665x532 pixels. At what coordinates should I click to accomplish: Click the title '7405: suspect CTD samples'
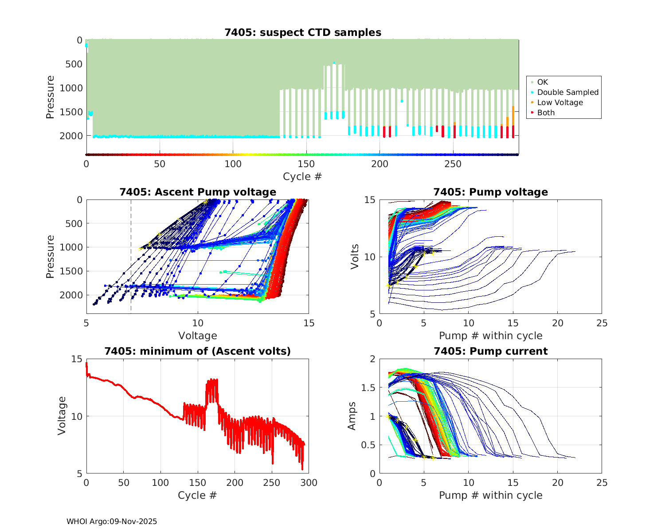click(302, 32)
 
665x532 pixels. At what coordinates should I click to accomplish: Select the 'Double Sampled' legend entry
click(567, 92)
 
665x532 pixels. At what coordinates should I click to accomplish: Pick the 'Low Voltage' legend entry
click(559, 102)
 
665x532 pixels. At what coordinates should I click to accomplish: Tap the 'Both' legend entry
click(546, 113)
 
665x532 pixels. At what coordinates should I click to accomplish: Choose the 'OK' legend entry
click(542, 82)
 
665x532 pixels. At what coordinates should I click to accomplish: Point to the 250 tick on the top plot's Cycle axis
click(453, 164)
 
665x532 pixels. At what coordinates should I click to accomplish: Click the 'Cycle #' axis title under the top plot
click(302, 176)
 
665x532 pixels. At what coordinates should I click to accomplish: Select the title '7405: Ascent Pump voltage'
click(198, 192)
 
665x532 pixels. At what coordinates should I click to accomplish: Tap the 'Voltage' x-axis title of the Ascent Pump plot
click(198, 336)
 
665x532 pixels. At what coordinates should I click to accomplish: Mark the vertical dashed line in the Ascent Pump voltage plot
click(131, 266)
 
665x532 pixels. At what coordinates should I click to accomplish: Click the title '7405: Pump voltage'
click(490, 192)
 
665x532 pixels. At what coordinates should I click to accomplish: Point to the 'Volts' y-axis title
click(355, 256)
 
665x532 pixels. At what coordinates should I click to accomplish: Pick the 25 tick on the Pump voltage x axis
click(602, 324)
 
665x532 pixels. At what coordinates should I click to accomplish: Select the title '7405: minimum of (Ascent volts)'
click(198, 351)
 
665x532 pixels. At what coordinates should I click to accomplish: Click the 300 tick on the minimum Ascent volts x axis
click(309, 483)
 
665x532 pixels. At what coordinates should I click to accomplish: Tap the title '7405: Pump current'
click(490, 351)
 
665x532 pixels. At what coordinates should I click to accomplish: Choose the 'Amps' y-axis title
click(352, 416)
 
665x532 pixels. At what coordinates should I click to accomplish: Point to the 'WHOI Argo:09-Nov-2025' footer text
click(112, 521)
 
